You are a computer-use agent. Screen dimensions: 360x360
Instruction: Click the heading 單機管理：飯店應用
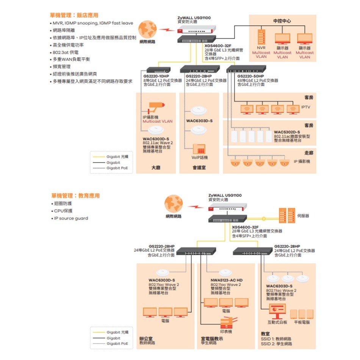[x=74, y=15]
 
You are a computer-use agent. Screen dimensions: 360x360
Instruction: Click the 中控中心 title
[x=282, y=21]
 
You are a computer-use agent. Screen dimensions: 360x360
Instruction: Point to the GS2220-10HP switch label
[x=157, y=77]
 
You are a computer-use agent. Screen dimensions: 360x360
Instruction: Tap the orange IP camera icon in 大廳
[x=154, y=107]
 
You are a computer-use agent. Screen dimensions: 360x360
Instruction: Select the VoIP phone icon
[x=199, y=149]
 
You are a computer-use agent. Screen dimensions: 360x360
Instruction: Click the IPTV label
[x=305, y=107]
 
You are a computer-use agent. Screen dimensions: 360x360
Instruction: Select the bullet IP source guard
[x=70, y=218]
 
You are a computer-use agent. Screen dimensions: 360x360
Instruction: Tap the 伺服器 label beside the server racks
[x=303, y=216]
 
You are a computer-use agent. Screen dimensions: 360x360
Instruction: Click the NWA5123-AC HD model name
[x=226, y=280]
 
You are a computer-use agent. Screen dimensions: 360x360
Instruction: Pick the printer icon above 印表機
[x=226, y=322]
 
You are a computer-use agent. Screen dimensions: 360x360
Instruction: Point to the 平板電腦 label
[x=302, y=322]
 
